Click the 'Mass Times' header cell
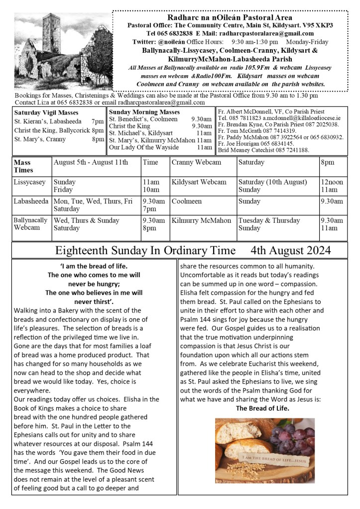coord(22,166)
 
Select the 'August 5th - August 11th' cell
coord(91,162)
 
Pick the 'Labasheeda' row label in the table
coord(31,201)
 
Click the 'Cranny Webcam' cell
coord(196,162)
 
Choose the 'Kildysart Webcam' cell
coord(199,182)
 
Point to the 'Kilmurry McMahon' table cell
coord(201,220)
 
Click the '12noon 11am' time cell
coord(332,186)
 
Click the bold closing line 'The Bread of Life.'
coord(262,408)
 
